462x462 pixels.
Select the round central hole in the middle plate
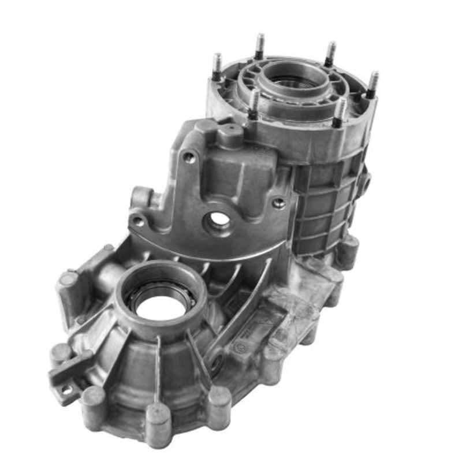coord(219,219)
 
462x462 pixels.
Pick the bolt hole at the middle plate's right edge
coord(279,203)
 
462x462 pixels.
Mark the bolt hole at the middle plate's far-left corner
coord(138,221)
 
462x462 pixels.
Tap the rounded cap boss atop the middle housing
coord(231,134)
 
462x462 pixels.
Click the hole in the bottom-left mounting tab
coord(67,390)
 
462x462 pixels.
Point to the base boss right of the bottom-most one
coord(219,399)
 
